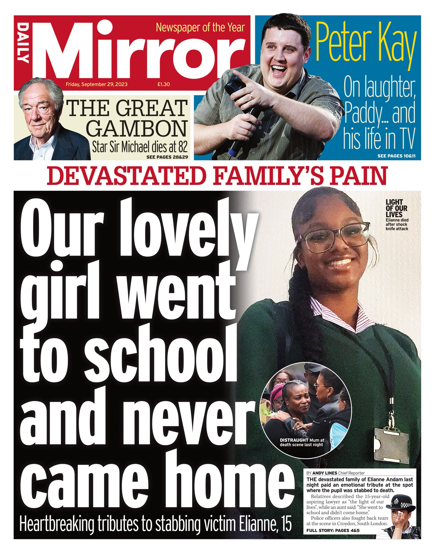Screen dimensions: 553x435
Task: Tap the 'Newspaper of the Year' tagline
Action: tap(200, 28)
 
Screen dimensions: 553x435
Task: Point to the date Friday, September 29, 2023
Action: tap(96, 84)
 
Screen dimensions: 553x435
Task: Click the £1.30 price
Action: tap(163, 84)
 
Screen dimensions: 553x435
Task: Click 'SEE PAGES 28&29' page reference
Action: tap(167, 157)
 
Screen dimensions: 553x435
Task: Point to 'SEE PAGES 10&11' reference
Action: tap(397, 156)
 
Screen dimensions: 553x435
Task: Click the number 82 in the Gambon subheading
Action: tap(180, 147)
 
